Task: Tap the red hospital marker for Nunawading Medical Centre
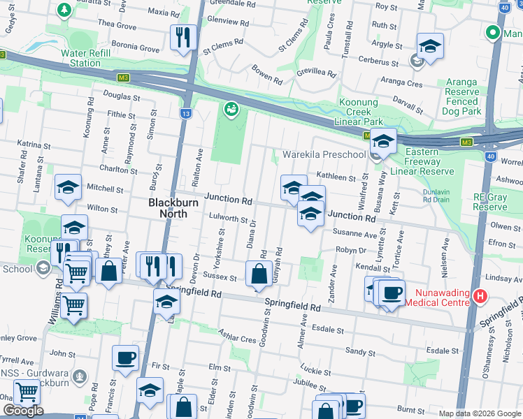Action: point(480,296)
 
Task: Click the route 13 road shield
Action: point(185,113)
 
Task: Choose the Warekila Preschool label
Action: point(324,154)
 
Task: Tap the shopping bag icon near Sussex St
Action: point(259,274)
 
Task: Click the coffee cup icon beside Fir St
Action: point(126,358)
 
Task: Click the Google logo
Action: point(22,411)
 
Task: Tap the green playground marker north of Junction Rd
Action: point(230,109)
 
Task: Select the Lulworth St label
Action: point(229,219)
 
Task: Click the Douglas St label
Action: point(117,94)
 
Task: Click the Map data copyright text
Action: point(480,413)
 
